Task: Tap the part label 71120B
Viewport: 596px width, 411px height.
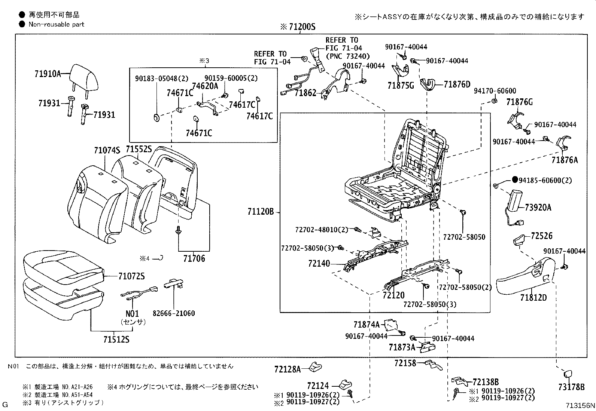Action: (261, 212)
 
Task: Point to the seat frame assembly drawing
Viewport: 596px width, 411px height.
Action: (397, 172)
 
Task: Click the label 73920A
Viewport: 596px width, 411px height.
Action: (538, 208)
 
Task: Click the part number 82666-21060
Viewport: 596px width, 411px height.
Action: (174, 313)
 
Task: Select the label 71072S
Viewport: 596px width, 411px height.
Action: (131, 276)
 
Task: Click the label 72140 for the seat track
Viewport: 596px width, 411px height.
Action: (319, 264)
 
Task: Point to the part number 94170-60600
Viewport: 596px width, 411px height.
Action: (495, 91)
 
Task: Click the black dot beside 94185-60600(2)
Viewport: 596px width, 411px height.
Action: (515, 180)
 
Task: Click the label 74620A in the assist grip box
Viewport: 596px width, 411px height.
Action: (205, 86)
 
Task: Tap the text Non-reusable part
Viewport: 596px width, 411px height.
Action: (57, 24)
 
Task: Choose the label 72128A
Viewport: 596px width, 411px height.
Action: (288, 369)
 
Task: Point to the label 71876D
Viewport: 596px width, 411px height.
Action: (457, 85)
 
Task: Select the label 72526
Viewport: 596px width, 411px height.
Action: (541, 236)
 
